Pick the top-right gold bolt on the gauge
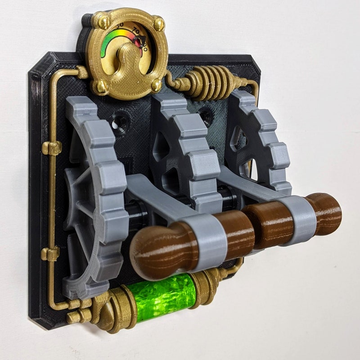click(x=158, y=23)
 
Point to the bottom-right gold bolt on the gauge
click(x=156, y=84)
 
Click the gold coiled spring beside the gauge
click(x=211, y=82)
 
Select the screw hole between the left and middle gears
click(x=121, y=123)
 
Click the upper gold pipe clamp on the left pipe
click(x=52, y=148)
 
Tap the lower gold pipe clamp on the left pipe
click(x=50, y=254)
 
